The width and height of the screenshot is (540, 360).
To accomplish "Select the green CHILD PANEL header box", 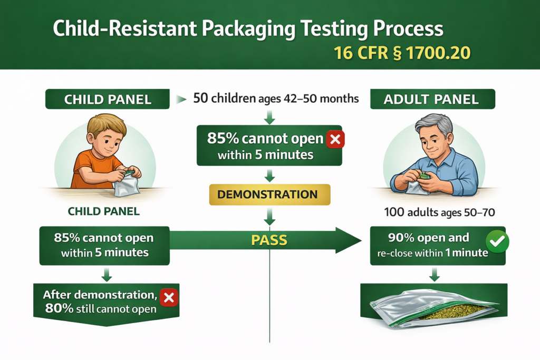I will point(108,99).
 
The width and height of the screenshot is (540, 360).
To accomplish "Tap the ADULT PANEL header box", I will point(432,99).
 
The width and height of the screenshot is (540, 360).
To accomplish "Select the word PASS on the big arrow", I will point(268,241).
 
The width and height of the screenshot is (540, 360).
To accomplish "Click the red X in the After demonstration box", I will point(169,298).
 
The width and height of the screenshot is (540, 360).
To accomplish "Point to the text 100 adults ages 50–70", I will point(432,213).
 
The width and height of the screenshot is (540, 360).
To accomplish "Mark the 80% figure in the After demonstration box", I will point(56,308).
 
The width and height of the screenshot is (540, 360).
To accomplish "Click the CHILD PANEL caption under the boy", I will point(103,212).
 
